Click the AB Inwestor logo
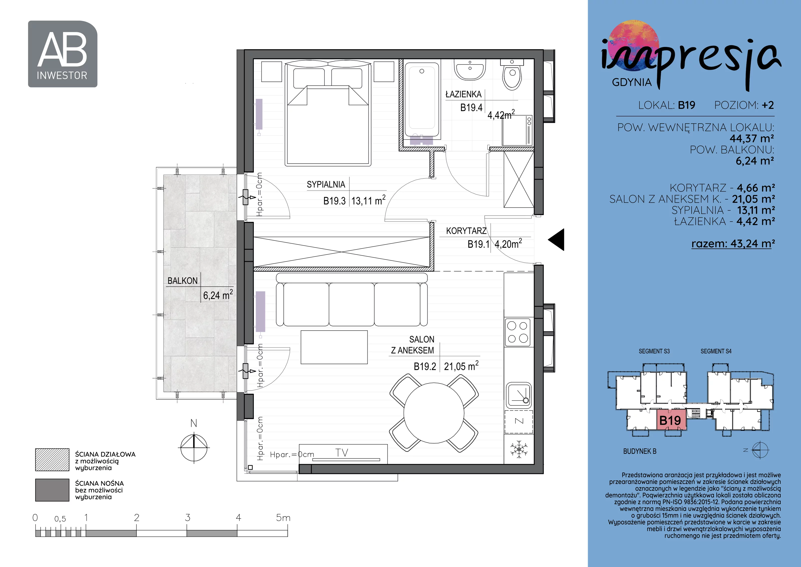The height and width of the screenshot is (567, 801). (62, 54)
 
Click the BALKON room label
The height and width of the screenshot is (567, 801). (182, 281)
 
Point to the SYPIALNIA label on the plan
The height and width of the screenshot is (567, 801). (326, 184)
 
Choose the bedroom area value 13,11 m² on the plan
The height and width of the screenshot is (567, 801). (368, 201)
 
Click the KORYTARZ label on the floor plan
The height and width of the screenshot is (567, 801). (466, 231)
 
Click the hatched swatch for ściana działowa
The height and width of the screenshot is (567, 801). (52, 460)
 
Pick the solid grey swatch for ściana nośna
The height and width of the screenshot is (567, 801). (52, 490)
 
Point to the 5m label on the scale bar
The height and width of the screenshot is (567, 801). (283, 517)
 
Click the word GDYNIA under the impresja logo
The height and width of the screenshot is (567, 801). (632, 82)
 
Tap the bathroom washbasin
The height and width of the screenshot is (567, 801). (470, 69)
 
